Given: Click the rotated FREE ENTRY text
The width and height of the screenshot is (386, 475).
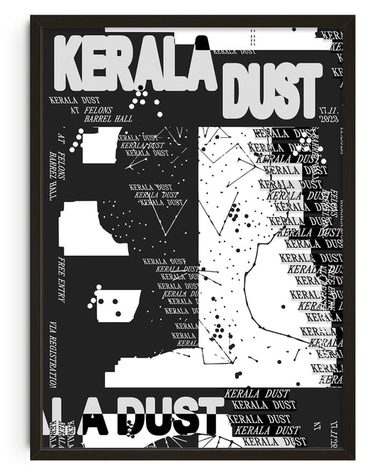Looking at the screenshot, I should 61,279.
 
